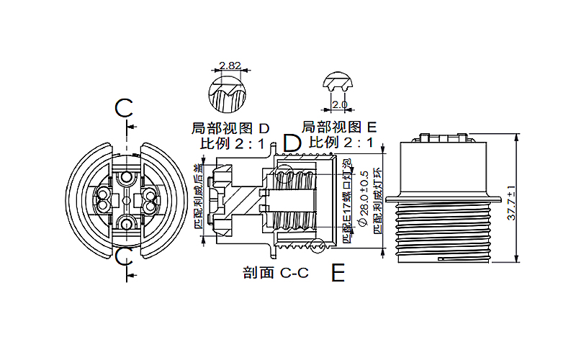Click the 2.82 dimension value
tap(230, 66)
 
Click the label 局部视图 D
tap(230, 128)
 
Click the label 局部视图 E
tap(340, 127)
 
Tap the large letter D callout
tap(291, 143)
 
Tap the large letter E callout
tap(338, 273)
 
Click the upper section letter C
tap(125, 109)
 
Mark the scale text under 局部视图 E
tap(341, 142)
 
